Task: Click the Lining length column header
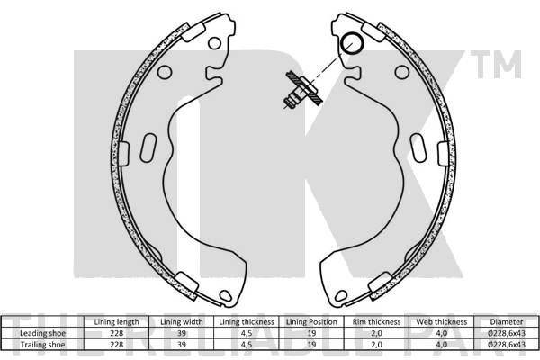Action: point(116,322)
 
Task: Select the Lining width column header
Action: point(182,322)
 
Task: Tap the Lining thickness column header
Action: point(247,322)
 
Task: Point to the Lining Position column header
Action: point(311,322)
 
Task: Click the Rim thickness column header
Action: point(377,322)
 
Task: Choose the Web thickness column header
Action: point(442,322)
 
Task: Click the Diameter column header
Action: point(507,322)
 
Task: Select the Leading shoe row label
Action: point(42,333)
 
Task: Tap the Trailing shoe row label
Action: point(42,345)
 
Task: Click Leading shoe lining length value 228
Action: point(117,333)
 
